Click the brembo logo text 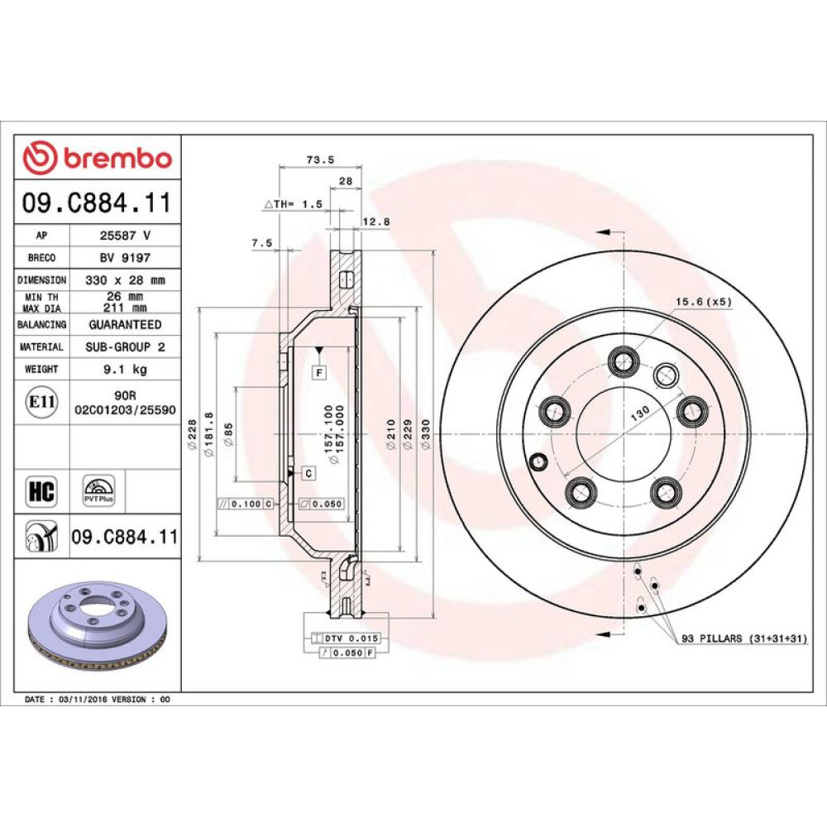click(x=117, y=158)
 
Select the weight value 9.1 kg click(x=125, y=369)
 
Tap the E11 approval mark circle click(x=41, y=402)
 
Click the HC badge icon click(x=41, y=490)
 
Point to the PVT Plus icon click(x=98, y=490)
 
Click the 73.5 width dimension click(x=320, y=160)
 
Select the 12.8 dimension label click(x=376, y=222)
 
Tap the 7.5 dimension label click(x=262, y=242)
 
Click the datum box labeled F click(x=319, y=373)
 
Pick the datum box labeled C click(x=308, y=473)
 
